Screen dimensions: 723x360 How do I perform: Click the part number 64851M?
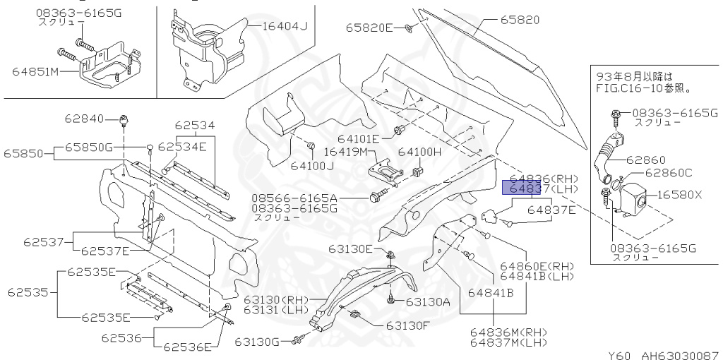pos(35,71)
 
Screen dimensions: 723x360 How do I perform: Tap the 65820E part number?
pos(369,28)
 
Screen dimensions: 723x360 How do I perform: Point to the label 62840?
pos(84,118)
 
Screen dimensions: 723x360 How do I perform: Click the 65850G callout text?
pos(89,147)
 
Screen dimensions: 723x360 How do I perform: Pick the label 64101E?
pos(357,139)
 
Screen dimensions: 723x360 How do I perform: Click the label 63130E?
pos(349,248)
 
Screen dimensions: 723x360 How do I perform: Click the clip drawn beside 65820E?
pos(408,28)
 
